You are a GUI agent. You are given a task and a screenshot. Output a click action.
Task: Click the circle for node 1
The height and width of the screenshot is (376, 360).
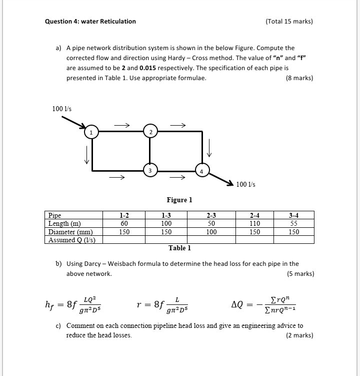(91, 132)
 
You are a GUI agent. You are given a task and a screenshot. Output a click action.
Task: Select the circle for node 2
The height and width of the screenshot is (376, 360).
(150, 131)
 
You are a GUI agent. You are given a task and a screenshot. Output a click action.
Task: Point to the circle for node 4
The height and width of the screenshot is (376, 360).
(202, 170)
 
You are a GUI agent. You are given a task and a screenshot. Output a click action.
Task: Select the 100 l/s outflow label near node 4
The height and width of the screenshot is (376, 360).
(245, 185)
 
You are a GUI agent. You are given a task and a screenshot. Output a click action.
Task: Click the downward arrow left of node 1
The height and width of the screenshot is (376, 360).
(87, 154)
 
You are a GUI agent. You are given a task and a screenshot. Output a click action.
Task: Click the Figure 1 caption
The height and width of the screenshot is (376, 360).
(179, 200)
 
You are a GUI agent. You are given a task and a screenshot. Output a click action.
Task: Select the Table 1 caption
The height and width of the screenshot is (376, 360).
(179, 248)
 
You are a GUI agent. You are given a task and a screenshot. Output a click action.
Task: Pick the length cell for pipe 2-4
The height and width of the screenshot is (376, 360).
(255, 224)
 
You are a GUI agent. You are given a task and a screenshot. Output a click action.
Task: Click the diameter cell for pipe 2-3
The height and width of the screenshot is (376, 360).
(211, 232)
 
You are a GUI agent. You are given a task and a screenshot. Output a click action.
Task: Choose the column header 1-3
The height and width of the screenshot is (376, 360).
(166, 216)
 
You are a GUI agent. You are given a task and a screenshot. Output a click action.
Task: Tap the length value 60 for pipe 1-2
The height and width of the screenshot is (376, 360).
(124, 224)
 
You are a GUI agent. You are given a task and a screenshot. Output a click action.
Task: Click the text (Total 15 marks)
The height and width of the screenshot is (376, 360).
(289, 22)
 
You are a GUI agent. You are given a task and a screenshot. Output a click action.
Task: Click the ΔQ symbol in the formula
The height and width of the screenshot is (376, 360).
(237, 304)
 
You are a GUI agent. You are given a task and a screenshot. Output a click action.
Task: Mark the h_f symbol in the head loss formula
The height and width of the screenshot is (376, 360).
(50, 304)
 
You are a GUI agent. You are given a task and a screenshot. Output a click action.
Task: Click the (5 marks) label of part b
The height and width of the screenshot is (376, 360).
(300, 274)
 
